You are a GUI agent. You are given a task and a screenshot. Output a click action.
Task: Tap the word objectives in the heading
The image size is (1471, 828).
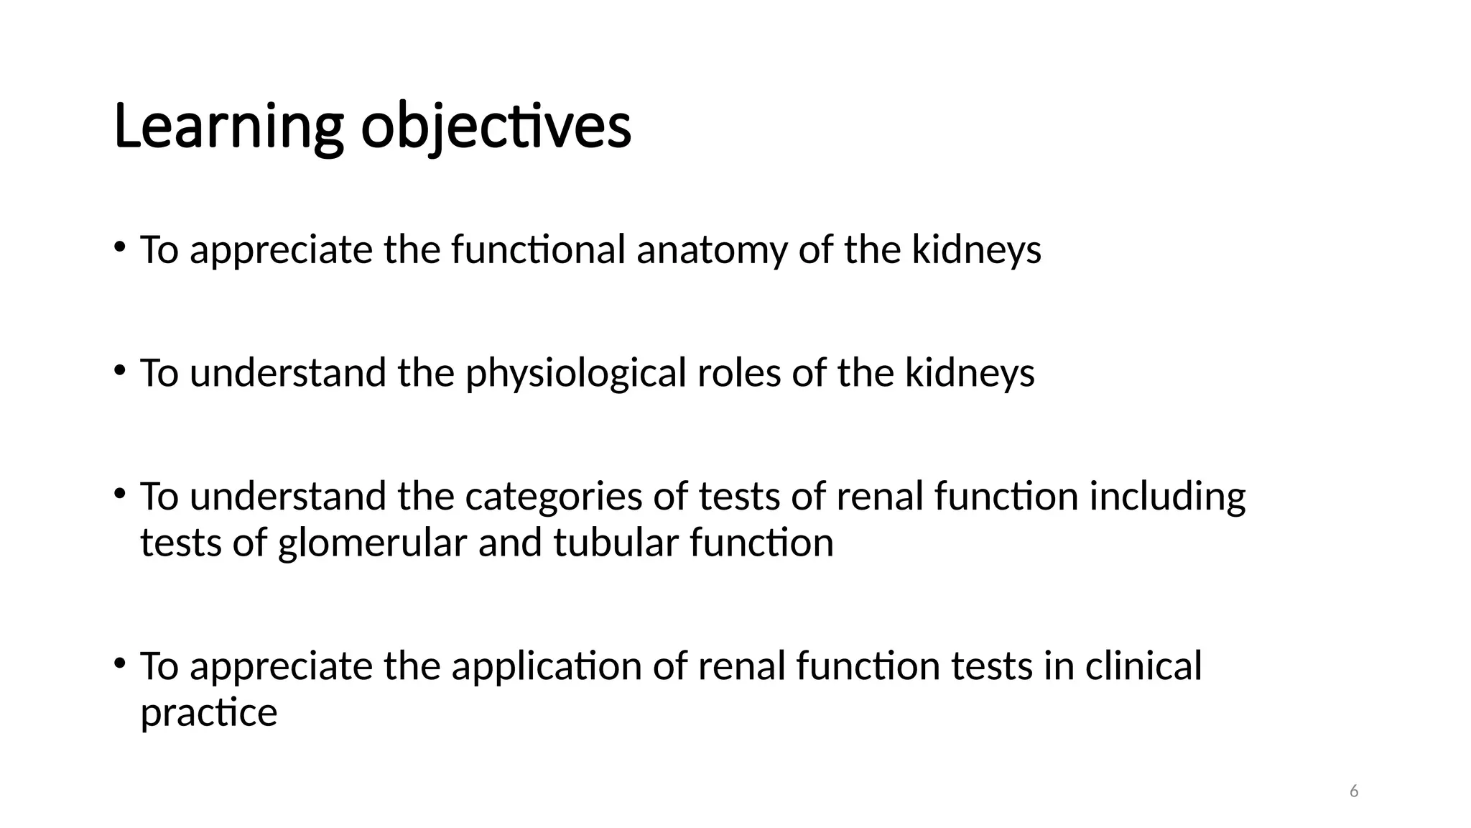point(496,127)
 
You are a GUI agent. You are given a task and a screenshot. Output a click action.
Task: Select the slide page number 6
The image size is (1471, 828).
point(1354,791)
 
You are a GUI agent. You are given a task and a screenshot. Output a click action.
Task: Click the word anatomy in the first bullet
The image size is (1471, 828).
point(712,250)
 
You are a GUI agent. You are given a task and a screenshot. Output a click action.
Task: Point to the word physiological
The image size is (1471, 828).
point(576,374)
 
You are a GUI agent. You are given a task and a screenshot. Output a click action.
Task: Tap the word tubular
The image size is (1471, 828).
point(616,543)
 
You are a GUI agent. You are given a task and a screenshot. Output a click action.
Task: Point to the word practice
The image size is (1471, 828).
point(208,712)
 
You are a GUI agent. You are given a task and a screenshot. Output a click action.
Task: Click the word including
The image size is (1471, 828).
point(1167,497)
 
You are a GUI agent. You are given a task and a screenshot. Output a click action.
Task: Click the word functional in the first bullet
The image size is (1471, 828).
point(539,250)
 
